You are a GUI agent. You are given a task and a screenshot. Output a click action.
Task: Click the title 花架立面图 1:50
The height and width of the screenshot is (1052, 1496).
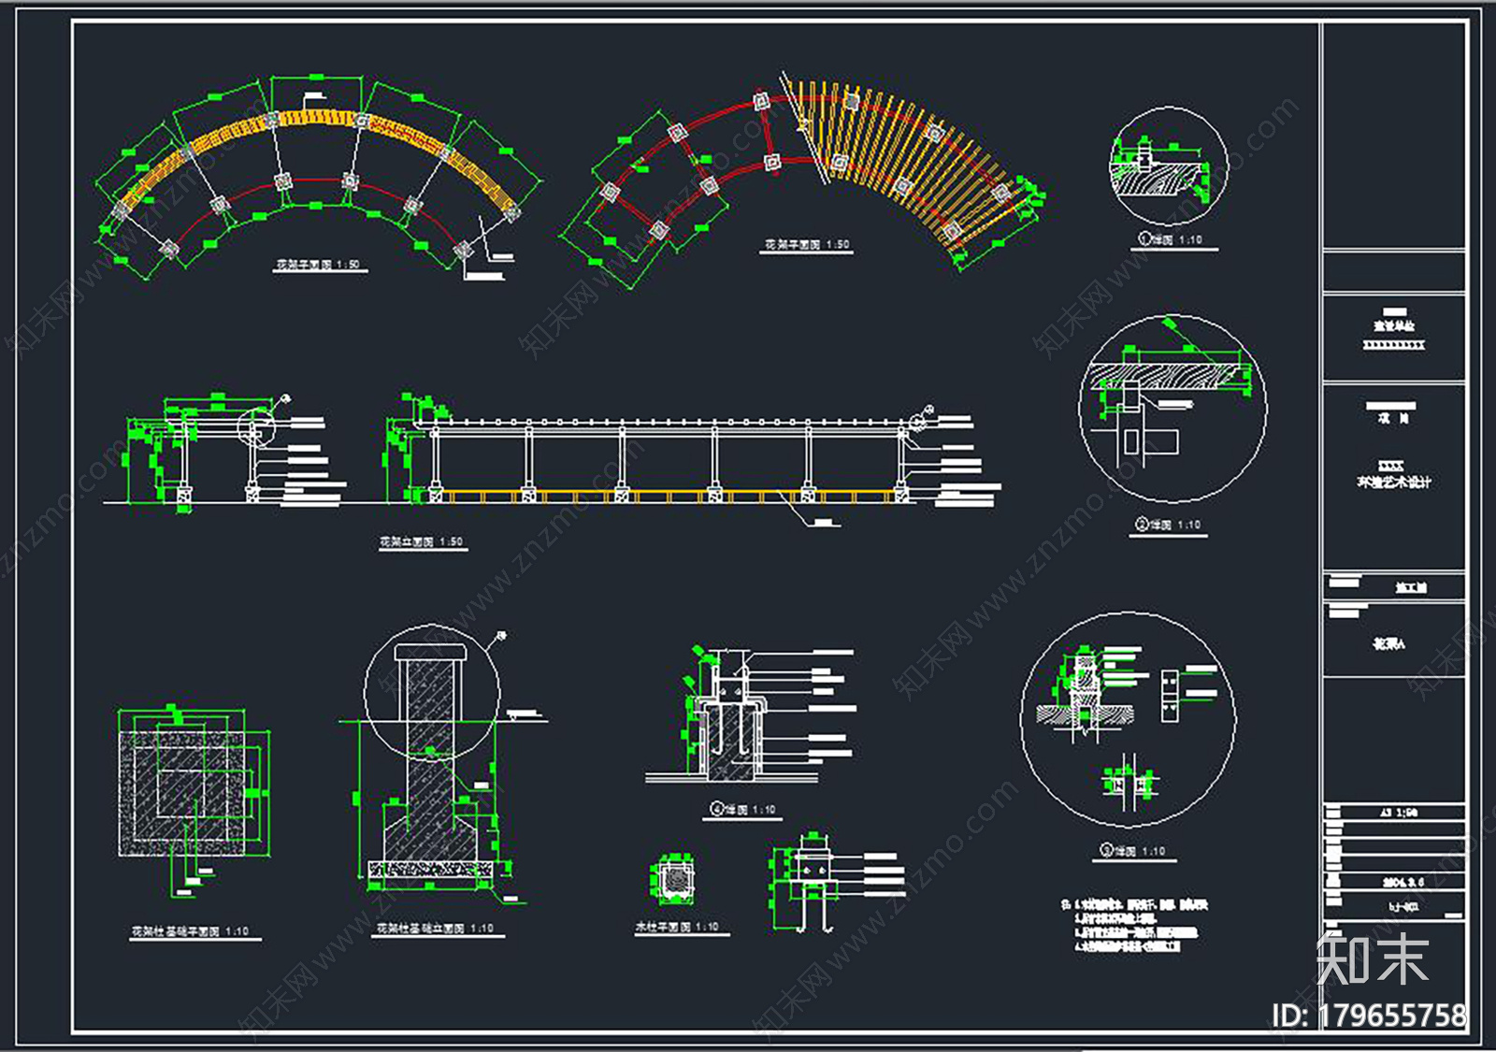tap(421, 541)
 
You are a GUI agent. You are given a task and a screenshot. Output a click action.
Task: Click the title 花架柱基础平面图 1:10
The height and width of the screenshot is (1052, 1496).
tap(190, 931)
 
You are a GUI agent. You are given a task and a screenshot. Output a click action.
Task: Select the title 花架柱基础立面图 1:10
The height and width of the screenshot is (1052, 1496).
tap(435, 929)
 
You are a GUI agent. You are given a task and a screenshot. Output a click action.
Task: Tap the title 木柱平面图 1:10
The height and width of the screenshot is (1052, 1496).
tap(678, 927)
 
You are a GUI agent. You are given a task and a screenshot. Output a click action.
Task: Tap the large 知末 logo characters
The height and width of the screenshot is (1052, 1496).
tap(1372, 958)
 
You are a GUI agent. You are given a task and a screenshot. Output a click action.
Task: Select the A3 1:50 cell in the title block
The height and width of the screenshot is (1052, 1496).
tap(1399, 813)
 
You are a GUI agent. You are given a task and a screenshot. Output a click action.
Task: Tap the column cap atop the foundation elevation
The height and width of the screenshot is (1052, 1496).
tap(429, 652)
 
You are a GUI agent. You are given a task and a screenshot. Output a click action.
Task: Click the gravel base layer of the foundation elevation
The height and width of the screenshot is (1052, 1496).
tap(430, 870)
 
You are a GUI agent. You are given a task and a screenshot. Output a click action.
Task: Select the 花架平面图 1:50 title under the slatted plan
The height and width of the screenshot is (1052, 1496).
tap(807, 245)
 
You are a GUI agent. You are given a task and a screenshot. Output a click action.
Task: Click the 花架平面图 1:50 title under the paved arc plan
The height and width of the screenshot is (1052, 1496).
tap(318, 265)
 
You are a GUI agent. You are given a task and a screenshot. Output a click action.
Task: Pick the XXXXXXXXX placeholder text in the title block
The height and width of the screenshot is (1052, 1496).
tap(1393, 345)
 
